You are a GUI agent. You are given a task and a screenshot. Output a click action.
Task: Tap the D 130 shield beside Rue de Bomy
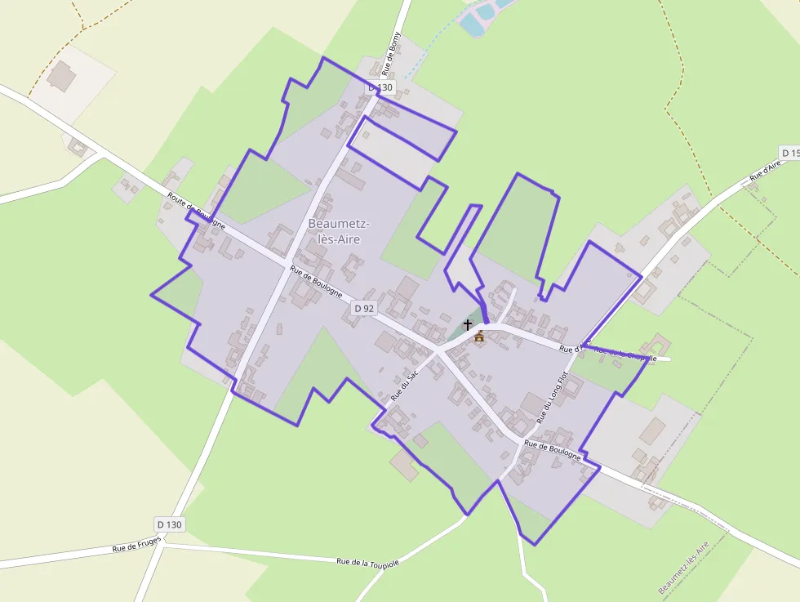pos(380,87)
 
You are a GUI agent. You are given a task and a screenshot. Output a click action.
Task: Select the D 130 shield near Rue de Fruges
pos(169,524)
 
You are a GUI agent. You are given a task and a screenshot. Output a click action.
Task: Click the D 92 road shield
pos(364,308)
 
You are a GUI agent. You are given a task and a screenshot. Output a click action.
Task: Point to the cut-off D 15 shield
pos(789,153)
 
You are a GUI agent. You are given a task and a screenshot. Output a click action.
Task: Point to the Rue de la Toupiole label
pos(368,562)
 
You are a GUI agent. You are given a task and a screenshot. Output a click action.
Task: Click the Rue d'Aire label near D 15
pos(766,171)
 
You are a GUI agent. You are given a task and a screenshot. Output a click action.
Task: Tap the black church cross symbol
pos(468,324)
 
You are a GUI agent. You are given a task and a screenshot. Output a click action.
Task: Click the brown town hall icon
pos(479,337)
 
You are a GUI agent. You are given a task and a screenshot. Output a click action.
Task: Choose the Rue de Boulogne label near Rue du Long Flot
pos(552,450)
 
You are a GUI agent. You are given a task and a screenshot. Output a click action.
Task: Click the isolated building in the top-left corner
pos(61,76)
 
